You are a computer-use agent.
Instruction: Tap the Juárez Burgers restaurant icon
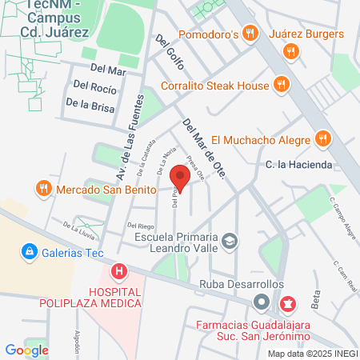pos(290,52)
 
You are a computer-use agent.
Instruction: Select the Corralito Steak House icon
pos(281,84)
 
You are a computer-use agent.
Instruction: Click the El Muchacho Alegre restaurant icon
pos(322,138)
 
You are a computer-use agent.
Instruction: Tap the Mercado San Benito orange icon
pos(44,190)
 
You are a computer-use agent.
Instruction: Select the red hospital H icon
pos(119,272)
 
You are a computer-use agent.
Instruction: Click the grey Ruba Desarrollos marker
pos(261,302)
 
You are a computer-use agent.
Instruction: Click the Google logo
pos(26,350)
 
